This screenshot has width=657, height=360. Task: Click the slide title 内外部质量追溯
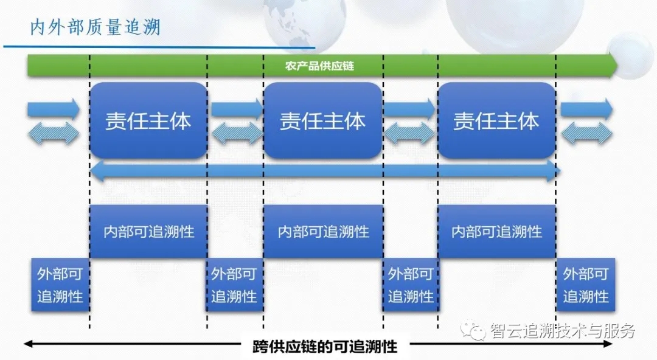pos(96,28)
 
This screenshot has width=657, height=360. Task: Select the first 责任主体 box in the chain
pos(148,120)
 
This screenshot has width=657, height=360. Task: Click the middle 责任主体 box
pos(322,120)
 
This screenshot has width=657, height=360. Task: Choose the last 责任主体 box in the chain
pos(496,120)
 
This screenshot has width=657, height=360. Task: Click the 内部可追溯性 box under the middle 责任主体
pos(323,232)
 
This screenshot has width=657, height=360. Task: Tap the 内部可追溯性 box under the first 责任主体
pos(149,232)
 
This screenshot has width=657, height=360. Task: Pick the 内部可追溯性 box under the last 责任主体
pos(496,232)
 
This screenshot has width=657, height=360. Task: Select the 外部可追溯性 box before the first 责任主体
pos(60,285)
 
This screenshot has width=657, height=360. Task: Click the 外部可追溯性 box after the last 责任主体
pos(586,285)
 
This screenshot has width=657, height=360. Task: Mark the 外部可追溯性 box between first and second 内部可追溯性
pos(234,285)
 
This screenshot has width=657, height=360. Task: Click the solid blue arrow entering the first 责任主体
pos(54,109)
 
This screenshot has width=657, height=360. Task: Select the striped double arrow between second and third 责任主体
pos(410,134)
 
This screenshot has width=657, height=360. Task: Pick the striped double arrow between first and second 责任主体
pos(236,134)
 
